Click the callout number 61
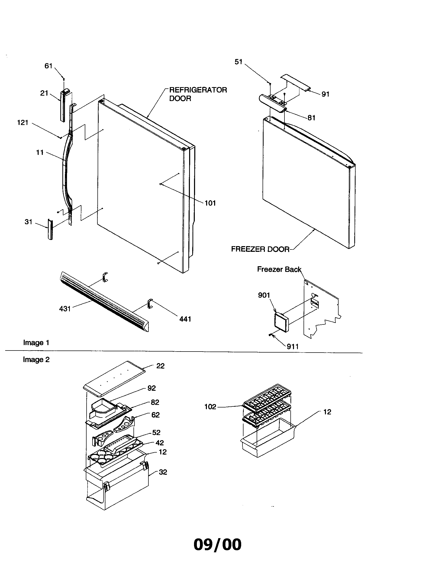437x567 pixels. pos(48,66)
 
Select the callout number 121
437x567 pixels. pos(23,122)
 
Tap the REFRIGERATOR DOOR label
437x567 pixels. pos(198,94)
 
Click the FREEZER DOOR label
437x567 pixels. pos(260,249)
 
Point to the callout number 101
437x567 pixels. pos(210,203)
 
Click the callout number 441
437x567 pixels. pos(185,319)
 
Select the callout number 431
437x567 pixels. pos(65,309)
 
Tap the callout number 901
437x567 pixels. pos(264,295)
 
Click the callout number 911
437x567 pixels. pos(292,346)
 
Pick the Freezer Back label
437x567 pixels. pos(279,269)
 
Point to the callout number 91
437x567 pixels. pos(325,94)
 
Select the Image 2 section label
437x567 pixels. pos(36,360)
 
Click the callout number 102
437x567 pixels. pos(210,406)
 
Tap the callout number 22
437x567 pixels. pos(160,366)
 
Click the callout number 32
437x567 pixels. pos(163,472)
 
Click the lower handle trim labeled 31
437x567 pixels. pos(49,229)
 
